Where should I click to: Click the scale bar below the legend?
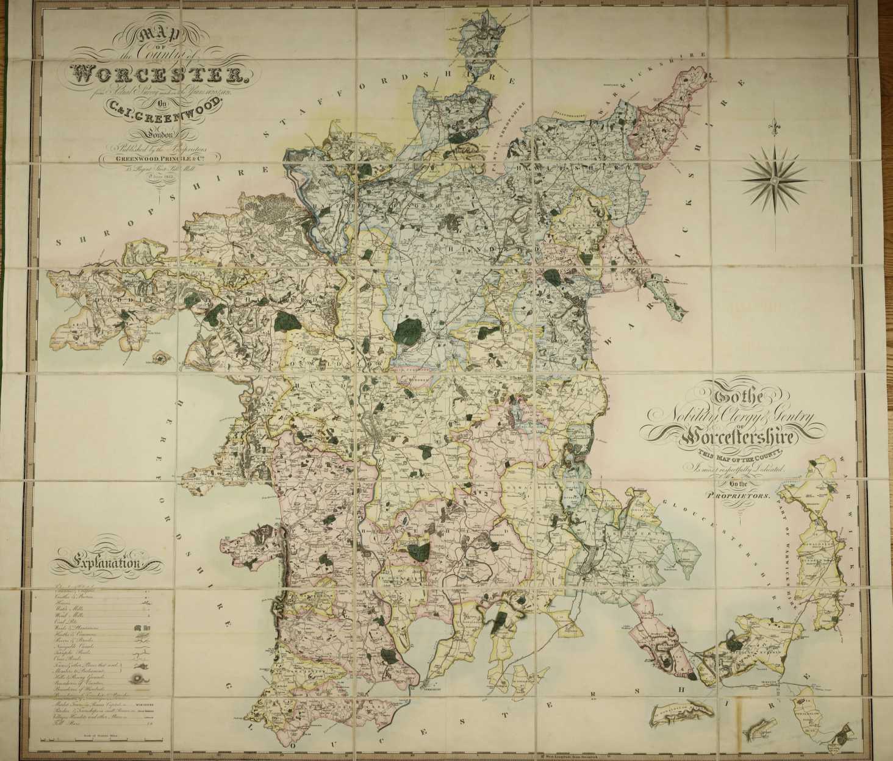(91, 740)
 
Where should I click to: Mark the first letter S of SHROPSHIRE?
(59, 242)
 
